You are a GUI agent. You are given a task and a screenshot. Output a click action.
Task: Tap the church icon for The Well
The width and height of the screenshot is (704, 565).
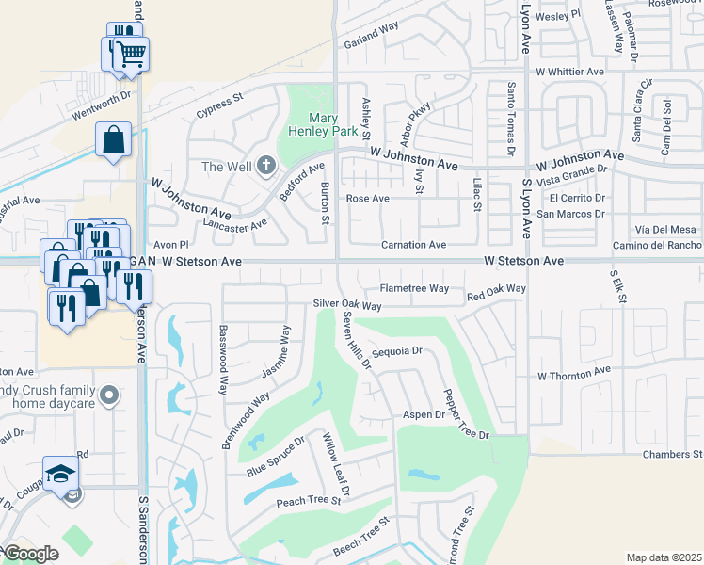tap(266, 167)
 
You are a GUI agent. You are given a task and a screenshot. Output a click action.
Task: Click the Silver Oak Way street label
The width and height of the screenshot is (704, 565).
tap(347, 306)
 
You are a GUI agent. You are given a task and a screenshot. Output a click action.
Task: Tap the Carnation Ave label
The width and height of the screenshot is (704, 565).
tap(413, 245)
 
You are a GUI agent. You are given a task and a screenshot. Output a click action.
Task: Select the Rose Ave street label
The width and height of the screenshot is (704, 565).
tap(367, 199)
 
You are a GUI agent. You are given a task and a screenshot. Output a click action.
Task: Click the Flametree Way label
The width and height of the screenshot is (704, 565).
tap(414, 289)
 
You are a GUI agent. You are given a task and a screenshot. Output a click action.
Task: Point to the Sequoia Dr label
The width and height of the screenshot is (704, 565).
tap(398, 351)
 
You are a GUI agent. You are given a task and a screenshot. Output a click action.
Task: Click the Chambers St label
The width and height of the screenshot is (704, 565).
tap(672, 455)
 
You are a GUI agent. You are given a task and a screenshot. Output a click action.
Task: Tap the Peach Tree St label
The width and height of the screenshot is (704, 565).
tap(308, 502)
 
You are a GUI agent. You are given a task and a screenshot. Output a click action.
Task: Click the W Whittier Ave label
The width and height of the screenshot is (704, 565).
tap(569, 72)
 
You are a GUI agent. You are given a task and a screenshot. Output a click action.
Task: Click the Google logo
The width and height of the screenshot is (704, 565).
tap(30, 554)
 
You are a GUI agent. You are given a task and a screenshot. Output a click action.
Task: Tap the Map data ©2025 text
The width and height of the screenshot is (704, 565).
tap(663, 557)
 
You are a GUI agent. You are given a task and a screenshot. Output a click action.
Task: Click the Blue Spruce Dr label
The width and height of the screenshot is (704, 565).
tap(276, 455)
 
